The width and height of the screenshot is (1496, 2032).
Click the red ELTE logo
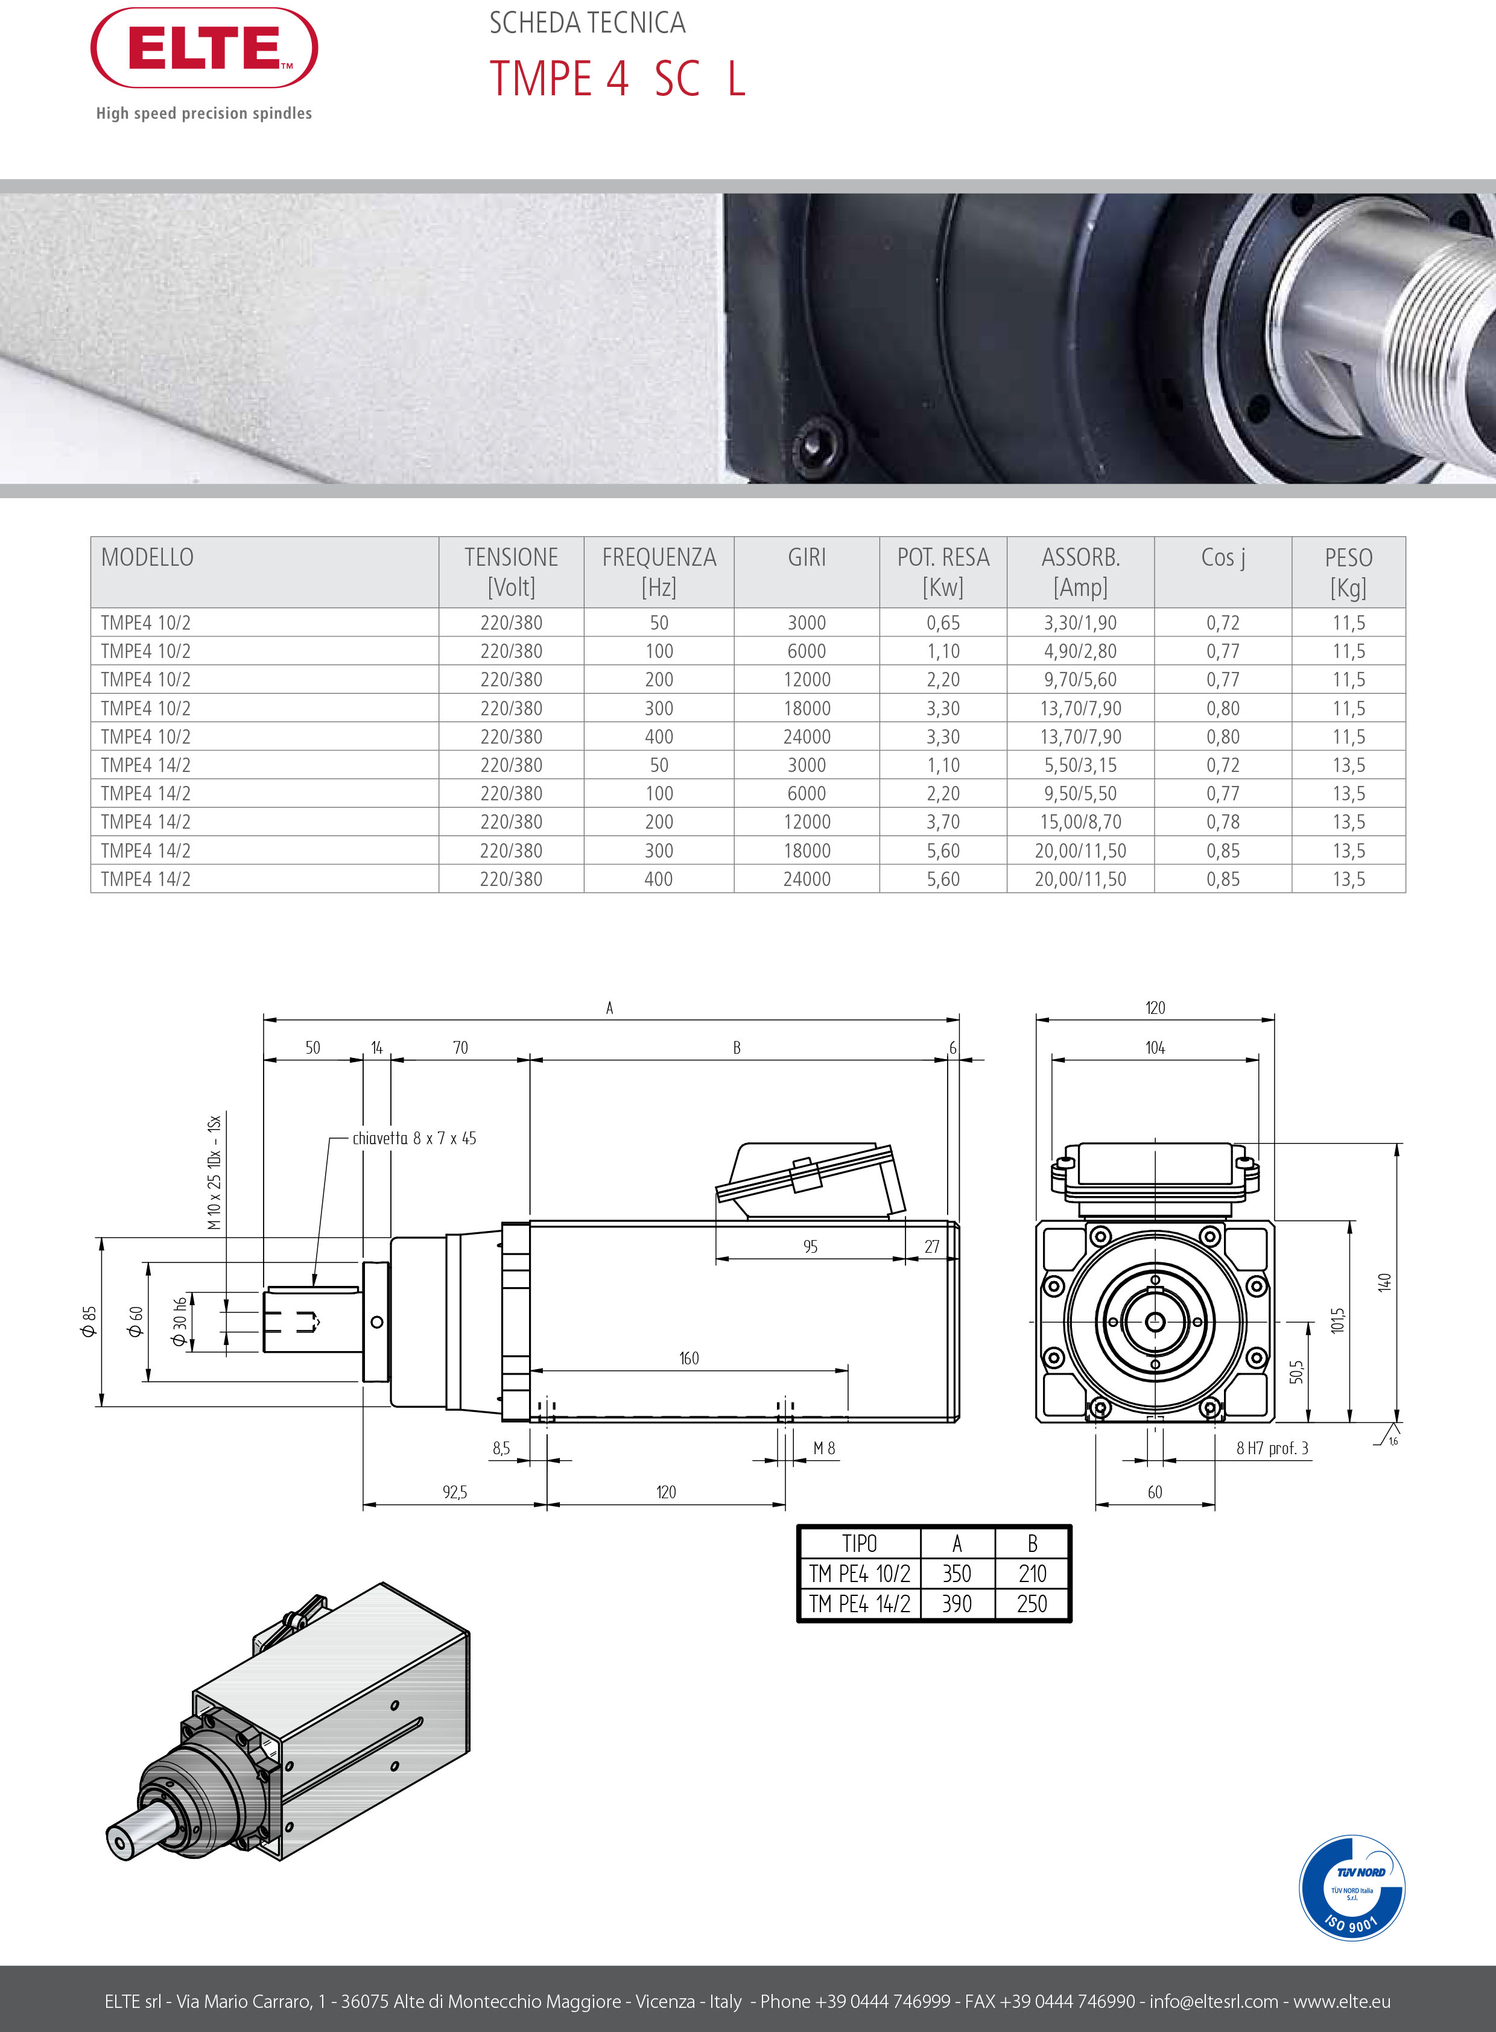204,48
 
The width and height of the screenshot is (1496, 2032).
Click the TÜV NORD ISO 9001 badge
1352,1887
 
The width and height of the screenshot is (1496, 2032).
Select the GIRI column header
807,558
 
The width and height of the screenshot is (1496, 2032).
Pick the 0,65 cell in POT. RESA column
943,623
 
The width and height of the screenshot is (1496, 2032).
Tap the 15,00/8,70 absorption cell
1080,822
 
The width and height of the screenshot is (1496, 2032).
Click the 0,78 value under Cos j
1223,822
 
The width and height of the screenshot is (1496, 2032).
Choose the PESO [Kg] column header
1348,572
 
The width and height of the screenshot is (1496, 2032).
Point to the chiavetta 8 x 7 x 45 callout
414,1138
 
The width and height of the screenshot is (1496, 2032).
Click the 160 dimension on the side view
689,1358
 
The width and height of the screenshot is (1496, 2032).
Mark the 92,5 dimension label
455,1492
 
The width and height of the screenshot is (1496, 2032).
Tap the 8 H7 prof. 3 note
1272,1449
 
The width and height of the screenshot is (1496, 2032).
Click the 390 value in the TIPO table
957,1604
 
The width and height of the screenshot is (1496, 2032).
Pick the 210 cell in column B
1032,1574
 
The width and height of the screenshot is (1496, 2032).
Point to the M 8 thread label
824,1449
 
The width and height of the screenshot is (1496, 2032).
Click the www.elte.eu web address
1342,2001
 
